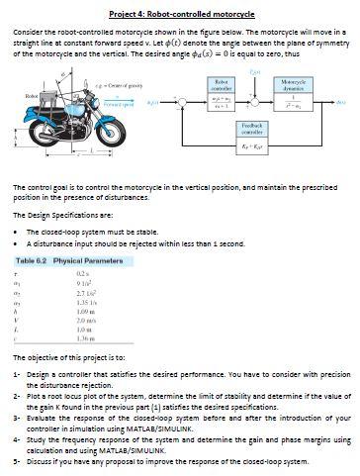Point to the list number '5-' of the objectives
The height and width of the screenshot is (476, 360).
click(18, 461)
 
